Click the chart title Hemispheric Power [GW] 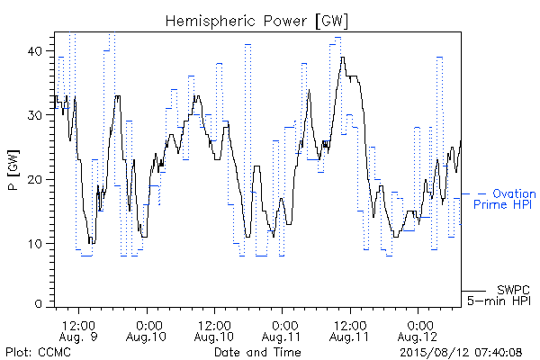[256, 21]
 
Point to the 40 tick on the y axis [34, 51]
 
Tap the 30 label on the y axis [34, 115]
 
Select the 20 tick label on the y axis [34, 179]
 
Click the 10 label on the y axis [34, 244]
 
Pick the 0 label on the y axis [39, 303]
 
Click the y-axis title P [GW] [13, 170]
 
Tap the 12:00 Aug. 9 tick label [78, 330]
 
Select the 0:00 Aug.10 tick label [147, 330]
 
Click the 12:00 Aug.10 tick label [214, 330]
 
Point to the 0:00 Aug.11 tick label [282, 330]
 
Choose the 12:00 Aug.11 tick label [349, 330]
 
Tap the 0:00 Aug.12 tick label [418, 330]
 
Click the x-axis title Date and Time [257, 352]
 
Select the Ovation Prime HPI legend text [505, 199]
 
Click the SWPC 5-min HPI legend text [499, 295]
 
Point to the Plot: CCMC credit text [38, 352]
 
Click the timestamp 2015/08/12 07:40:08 [461, 352]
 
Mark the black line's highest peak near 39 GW [342, 58]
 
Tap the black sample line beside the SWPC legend [473, 291]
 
